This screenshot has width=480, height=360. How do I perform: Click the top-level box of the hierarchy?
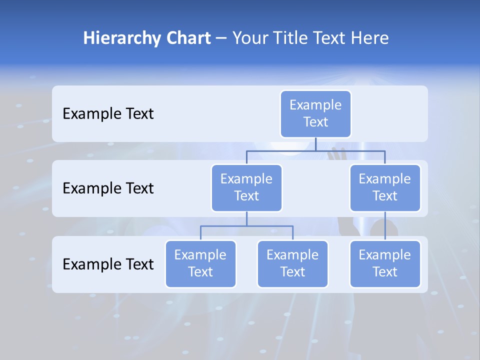tap(315, 113)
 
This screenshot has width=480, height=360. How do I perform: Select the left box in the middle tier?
tap(246, 187)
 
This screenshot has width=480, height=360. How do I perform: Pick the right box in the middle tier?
tap(385, 187)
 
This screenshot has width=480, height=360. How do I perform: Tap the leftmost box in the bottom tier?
tap(200, 263)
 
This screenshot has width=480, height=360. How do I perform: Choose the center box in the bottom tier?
tap(292, 263)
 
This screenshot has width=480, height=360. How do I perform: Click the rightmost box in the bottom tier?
tap(385, 263)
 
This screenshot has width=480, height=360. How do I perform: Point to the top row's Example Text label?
tap(108, 113)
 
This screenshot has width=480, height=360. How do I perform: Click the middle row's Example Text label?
tap(108, 188)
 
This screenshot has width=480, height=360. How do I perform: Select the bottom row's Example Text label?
tap(108, 264)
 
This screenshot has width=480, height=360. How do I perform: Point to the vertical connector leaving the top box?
tap(315, 144)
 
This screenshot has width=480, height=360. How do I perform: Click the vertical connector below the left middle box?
tap(246, 218)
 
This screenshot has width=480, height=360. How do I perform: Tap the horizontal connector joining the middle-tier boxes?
tap(315, 150)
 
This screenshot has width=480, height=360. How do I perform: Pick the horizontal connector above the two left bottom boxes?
tap(246, 226)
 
